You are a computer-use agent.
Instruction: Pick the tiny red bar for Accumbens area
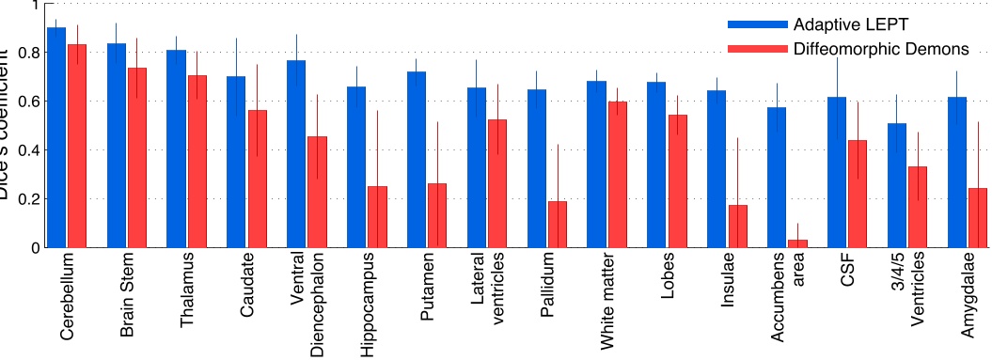797,243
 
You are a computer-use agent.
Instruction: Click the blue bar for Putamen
417,160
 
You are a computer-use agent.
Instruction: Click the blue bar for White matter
596,164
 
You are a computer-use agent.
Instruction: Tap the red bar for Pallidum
558,225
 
